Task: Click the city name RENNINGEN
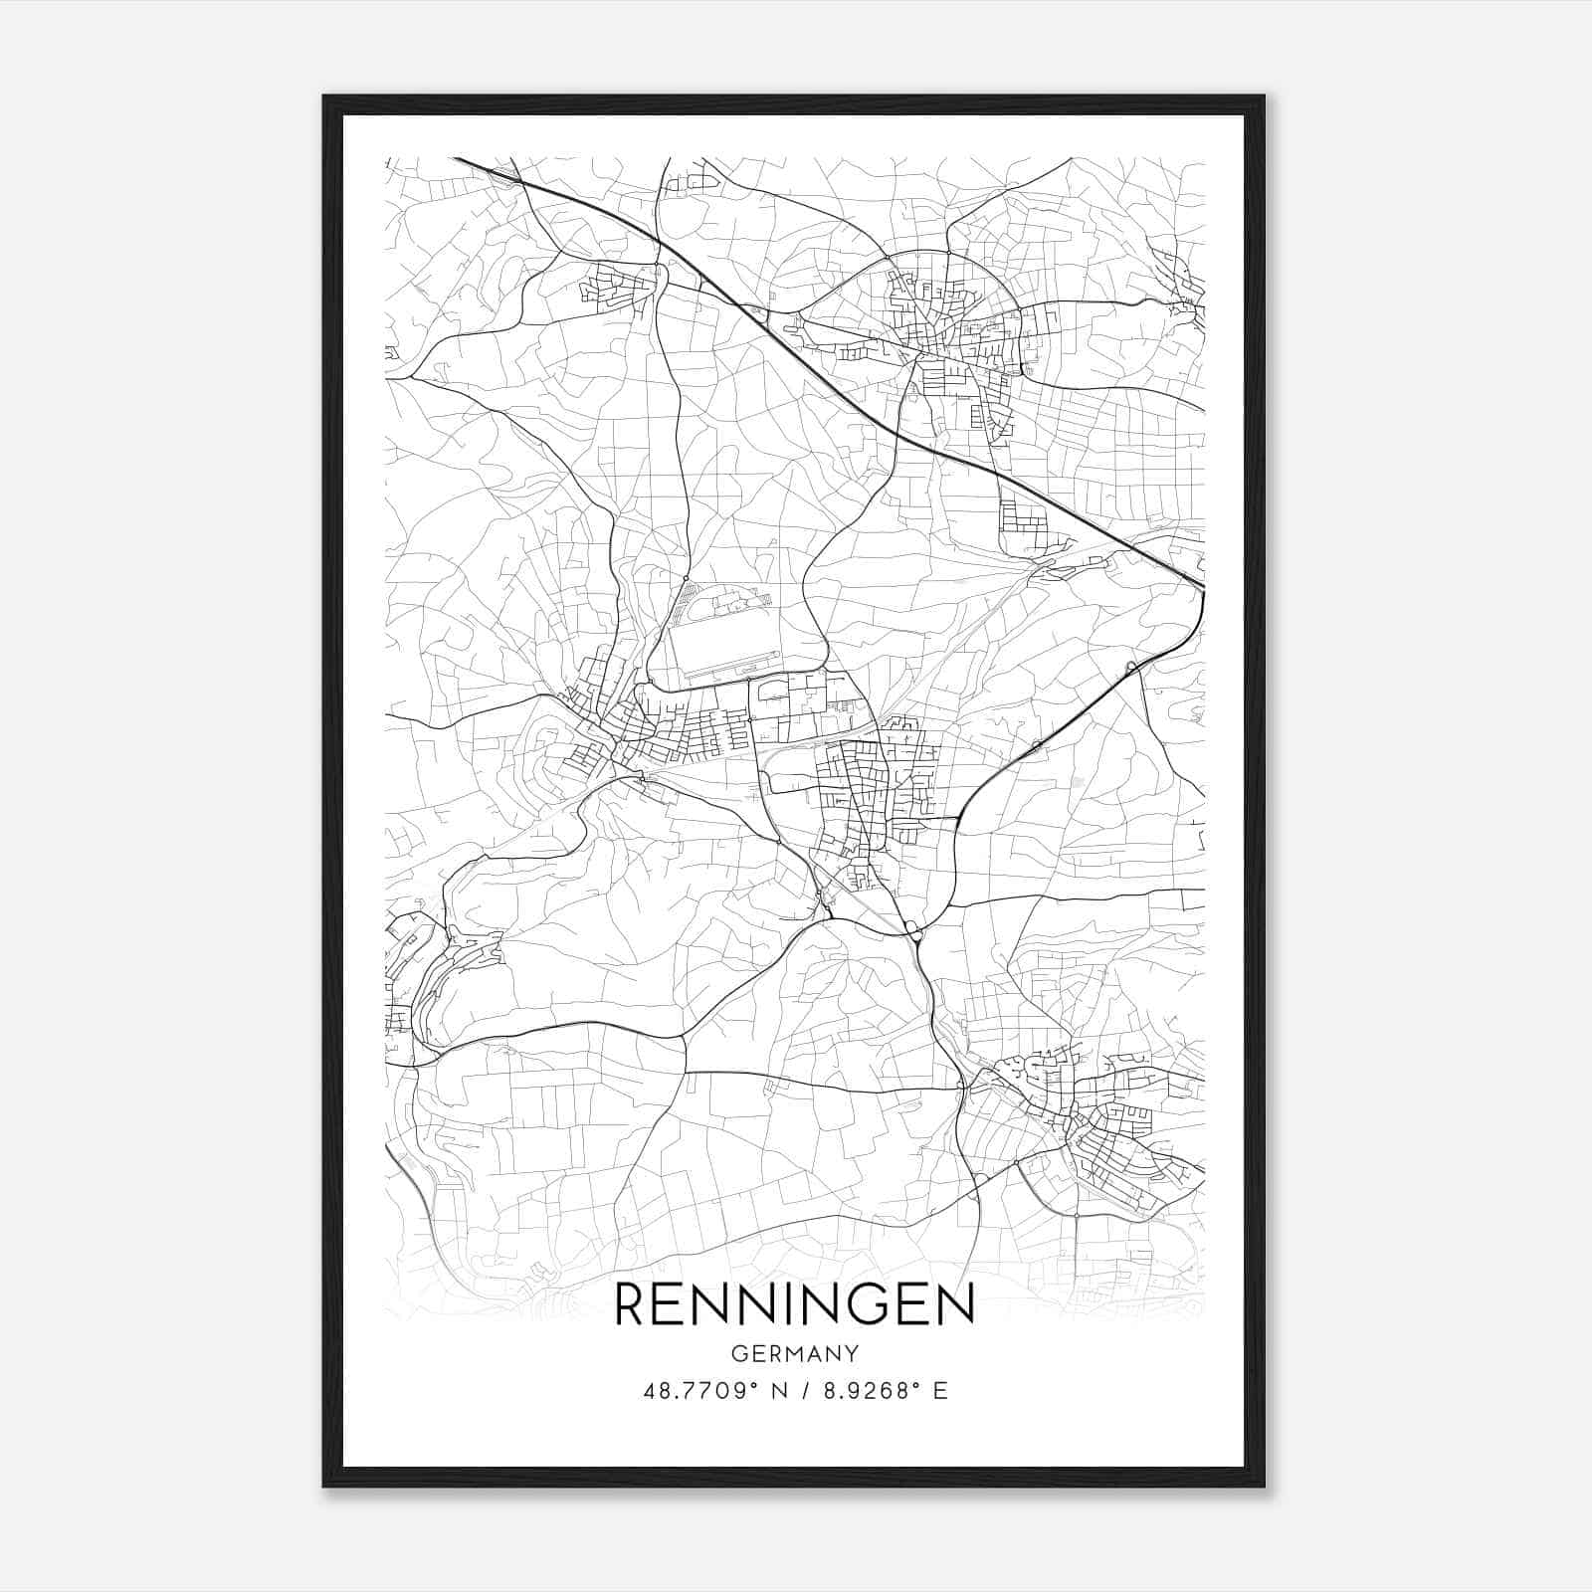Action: tap(795, 1304)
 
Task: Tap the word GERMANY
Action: tap(795, 1354)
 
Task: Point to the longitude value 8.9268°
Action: tap(867, 1391)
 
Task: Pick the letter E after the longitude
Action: tap(940, 1391)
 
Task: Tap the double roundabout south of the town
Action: tap(913, 930)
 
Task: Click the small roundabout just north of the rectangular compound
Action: tap(687, 578)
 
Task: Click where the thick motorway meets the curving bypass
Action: tap(1203, 591)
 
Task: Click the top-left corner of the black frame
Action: tap(325, 98)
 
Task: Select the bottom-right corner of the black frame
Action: tap(1263, 1485)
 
